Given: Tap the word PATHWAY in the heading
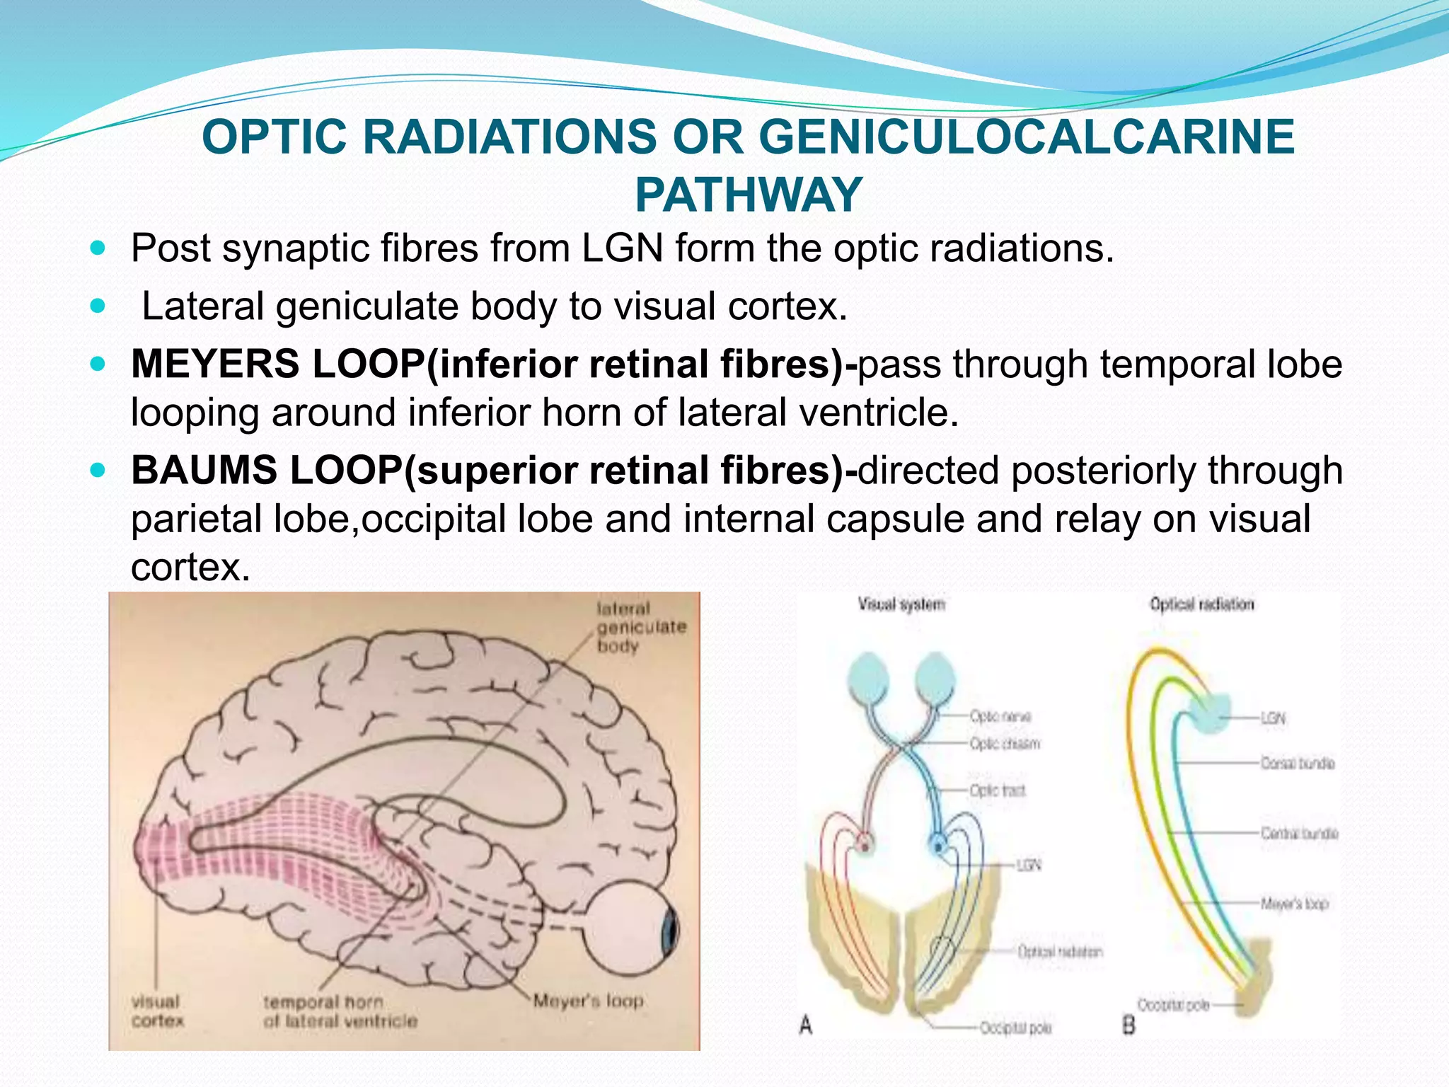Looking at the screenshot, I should pyautogui.click(x=749, y=195).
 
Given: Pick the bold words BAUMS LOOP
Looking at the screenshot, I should pyautogui.click(x=266, y=471).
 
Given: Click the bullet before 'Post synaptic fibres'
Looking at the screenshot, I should pyautogui.click(x=98, y=248).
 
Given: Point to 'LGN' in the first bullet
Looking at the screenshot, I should pyautogui.click(x=622, y=248).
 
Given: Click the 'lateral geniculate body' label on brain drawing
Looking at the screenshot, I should pyautogui.click(x=640, y=627).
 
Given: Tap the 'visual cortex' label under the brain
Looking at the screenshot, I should pyautogui.click(x=157, y=1011).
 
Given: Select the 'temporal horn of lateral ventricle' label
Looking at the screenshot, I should pyautogui.click(x=340, y=1011).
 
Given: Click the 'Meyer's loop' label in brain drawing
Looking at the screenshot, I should pyautogui.click(x=588, y=1001).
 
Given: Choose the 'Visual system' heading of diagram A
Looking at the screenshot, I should pyautogui.click(x=901, y=604).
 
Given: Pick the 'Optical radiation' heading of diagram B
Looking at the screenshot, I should pyautogui.click(x=1201, y=604).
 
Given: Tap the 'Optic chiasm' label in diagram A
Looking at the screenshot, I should pyautogui.click(x=1004, y=744).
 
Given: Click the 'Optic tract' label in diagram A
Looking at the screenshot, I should pyautogui.click(x=997, y=790).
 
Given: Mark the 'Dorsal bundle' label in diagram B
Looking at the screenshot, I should pyautogui.click(x=1297, y=763).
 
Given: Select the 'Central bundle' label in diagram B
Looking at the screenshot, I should pyautogui.click(x=1299, y=833).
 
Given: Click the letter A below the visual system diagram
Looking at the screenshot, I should pyautogui.click(x=806, y=1024).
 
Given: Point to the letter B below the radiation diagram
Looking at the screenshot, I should pyautogui.click(x=1128, y=1024).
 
